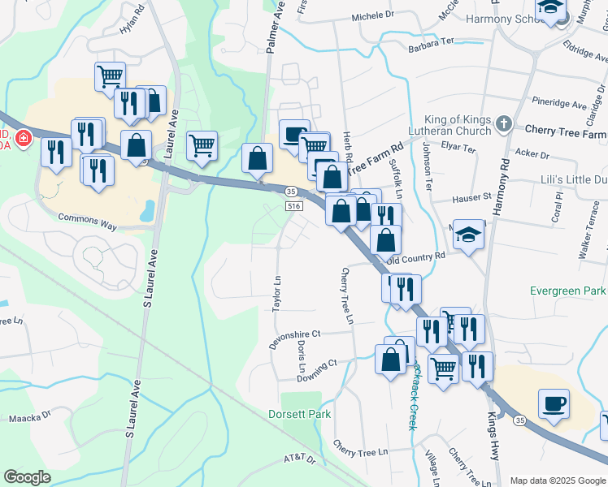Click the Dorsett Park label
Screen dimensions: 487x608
pyautogui.click(x=300, y=414)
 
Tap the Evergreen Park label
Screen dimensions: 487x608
pyautogui.click(x=567, y=291)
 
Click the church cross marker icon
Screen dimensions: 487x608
pyautogui.click(x=504, y=124)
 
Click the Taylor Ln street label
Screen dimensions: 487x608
pyautogui.click(x=277, y=294)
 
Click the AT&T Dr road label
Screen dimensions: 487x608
pyautogui.click(x=299, y=459)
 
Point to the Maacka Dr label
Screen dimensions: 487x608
pyautogui.click(x=29, y=419)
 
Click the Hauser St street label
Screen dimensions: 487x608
pyautogui.click(x=472, y=196)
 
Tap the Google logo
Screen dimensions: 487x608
pyautogui.click(x=27, y=477)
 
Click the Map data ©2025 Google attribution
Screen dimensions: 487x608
pyautogui.click(x=557, y=481)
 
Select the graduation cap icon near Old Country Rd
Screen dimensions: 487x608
pyautogui.click(x=468, y=235)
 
